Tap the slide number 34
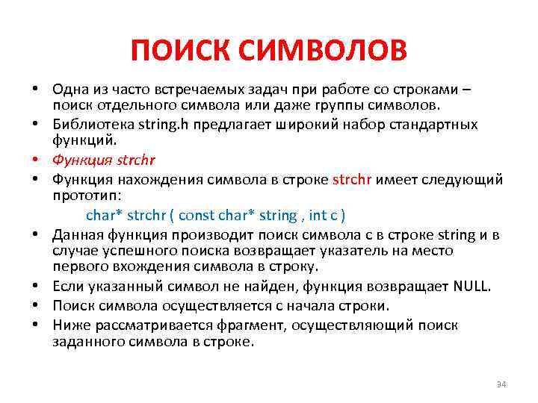501,384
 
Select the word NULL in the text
472,286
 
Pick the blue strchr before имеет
351,179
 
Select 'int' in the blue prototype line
318,216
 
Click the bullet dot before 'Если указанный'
35,286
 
